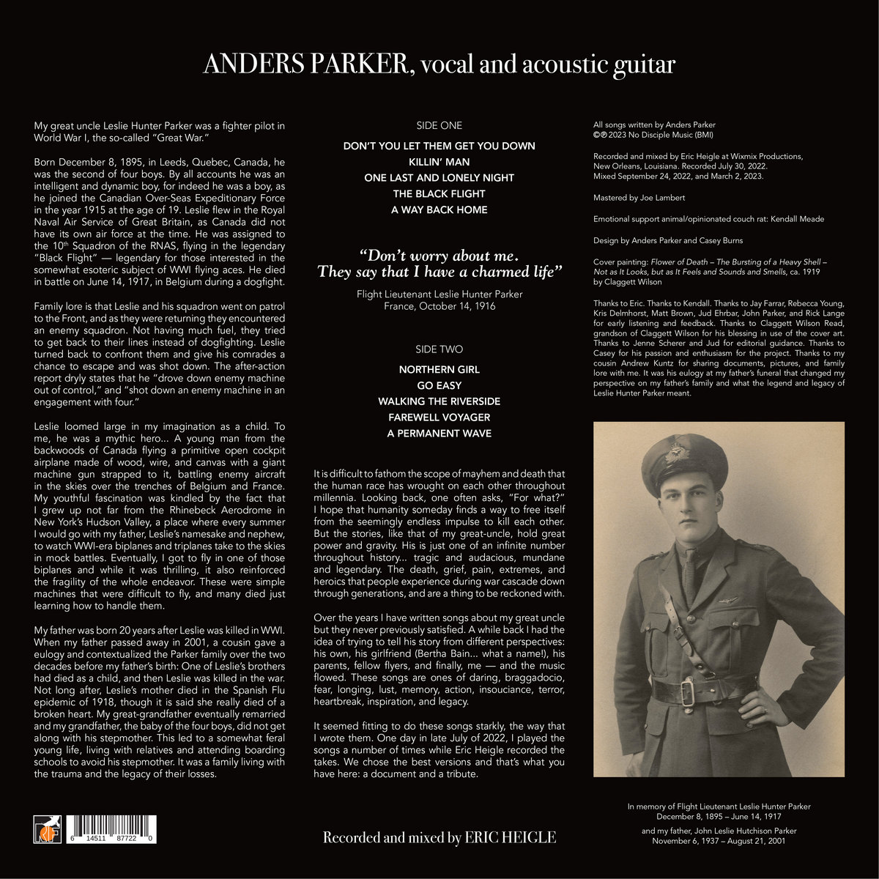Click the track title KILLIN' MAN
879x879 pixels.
tap(439, 162)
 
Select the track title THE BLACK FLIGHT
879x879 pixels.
tap(439, 194)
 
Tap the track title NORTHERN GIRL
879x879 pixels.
tap(439, 369)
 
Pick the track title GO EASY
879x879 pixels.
tap(439, 385)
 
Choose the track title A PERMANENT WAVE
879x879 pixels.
tap(439, 434)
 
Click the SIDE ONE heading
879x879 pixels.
tap(439, 125)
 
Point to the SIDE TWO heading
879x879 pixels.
tap(439, 349)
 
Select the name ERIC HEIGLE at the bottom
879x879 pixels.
tap(510, 837)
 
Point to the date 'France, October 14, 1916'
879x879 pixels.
tap(439, 305)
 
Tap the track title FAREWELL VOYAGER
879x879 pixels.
tap(439, 418)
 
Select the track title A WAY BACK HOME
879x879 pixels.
tap(439, 210)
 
